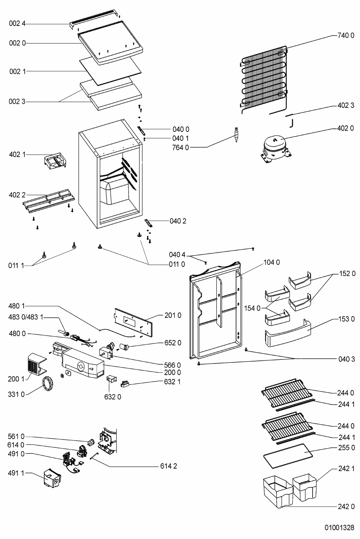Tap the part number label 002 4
click(18, 24)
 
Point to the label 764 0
click(180, 147)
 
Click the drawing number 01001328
click(339, 528)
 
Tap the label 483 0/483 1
click(26, 318)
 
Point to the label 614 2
click(168, 466)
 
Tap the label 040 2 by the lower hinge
click(178, 221)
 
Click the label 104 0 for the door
click(272, 263)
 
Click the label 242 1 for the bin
click(346, 469)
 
